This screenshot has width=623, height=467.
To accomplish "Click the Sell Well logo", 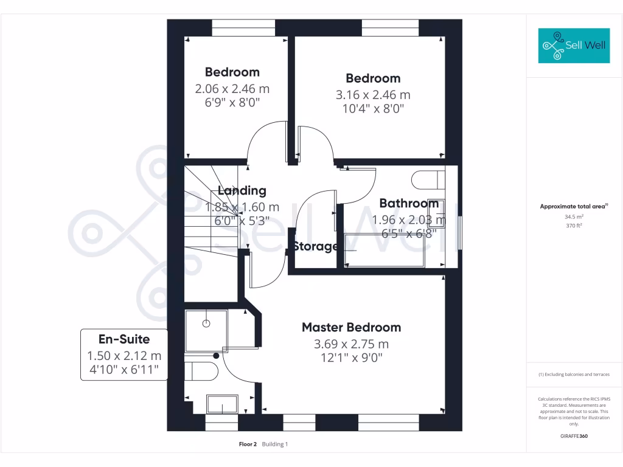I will [574, 46].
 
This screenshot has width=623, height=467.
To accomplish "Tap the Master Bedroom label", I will [351, 327].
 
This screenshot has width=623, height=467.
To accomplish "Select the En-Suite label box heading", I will [124, 339].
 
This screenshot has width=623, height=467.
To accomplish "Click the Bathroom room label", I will [409, 203].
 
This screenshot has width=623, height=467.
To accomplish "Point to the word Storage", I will [316, 246].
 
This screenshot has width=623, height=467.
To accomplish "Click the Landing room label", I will [242, 190].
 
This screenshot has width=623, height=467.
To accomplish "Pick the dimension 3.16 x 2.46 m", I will [373, 95].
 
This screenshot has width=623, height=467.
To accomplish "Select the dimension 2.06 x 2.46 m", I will [232, 89].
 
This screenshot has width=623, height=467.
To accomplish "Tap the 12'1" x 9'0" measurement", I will [351, 358].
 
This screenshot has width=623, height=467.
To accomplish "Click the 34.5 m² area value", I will [574, 216].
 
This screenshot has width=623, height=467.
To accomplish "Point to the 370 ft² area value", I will [574, 226].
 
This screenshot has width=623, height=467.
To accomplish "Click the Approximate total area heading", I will [574, 207].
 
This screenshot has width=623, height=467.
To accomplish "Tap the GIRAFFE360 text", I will [574, 436].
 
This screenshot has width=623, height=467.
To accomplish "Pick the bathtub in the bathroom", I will [384, 249].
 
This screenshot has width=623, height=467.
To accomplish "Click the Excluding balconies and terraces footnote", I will [574, 375].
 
